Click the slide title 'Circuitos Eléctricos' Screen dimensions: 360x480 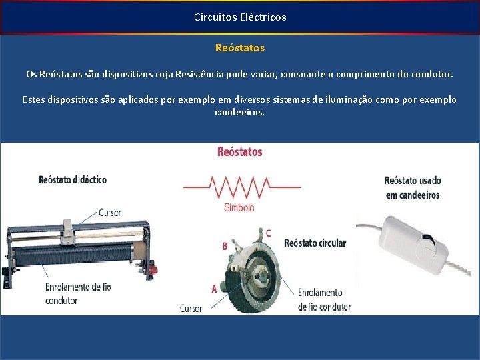pos(240,17)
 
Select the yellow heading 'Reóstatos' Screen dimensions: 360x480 pos(240,48)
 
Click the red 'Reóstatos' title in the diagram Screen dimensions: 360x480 pos(240,152)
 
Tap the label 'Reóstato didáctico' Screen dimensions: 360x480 pos(73,180)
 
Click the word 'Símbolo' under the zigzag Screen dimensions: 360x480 pos(239,207)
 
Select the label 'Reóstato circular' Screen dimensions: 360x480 pos(315,243)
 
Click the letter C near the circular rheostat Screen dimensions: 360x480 pos(268,233)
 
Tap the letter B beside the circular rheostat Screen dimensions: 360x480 pos(225,246)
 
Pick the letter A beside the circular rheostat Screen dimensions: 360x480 pos(214,289)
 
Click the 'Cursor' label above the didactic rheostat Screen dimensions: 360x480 pos(109,213)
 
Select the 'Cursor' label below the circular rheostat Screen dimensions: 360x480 pos(191,308)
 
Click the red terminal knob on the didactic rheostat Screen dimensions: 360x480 pos(153,269)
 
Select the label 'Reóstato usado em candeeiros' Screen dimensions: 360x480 pos(412,187)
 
